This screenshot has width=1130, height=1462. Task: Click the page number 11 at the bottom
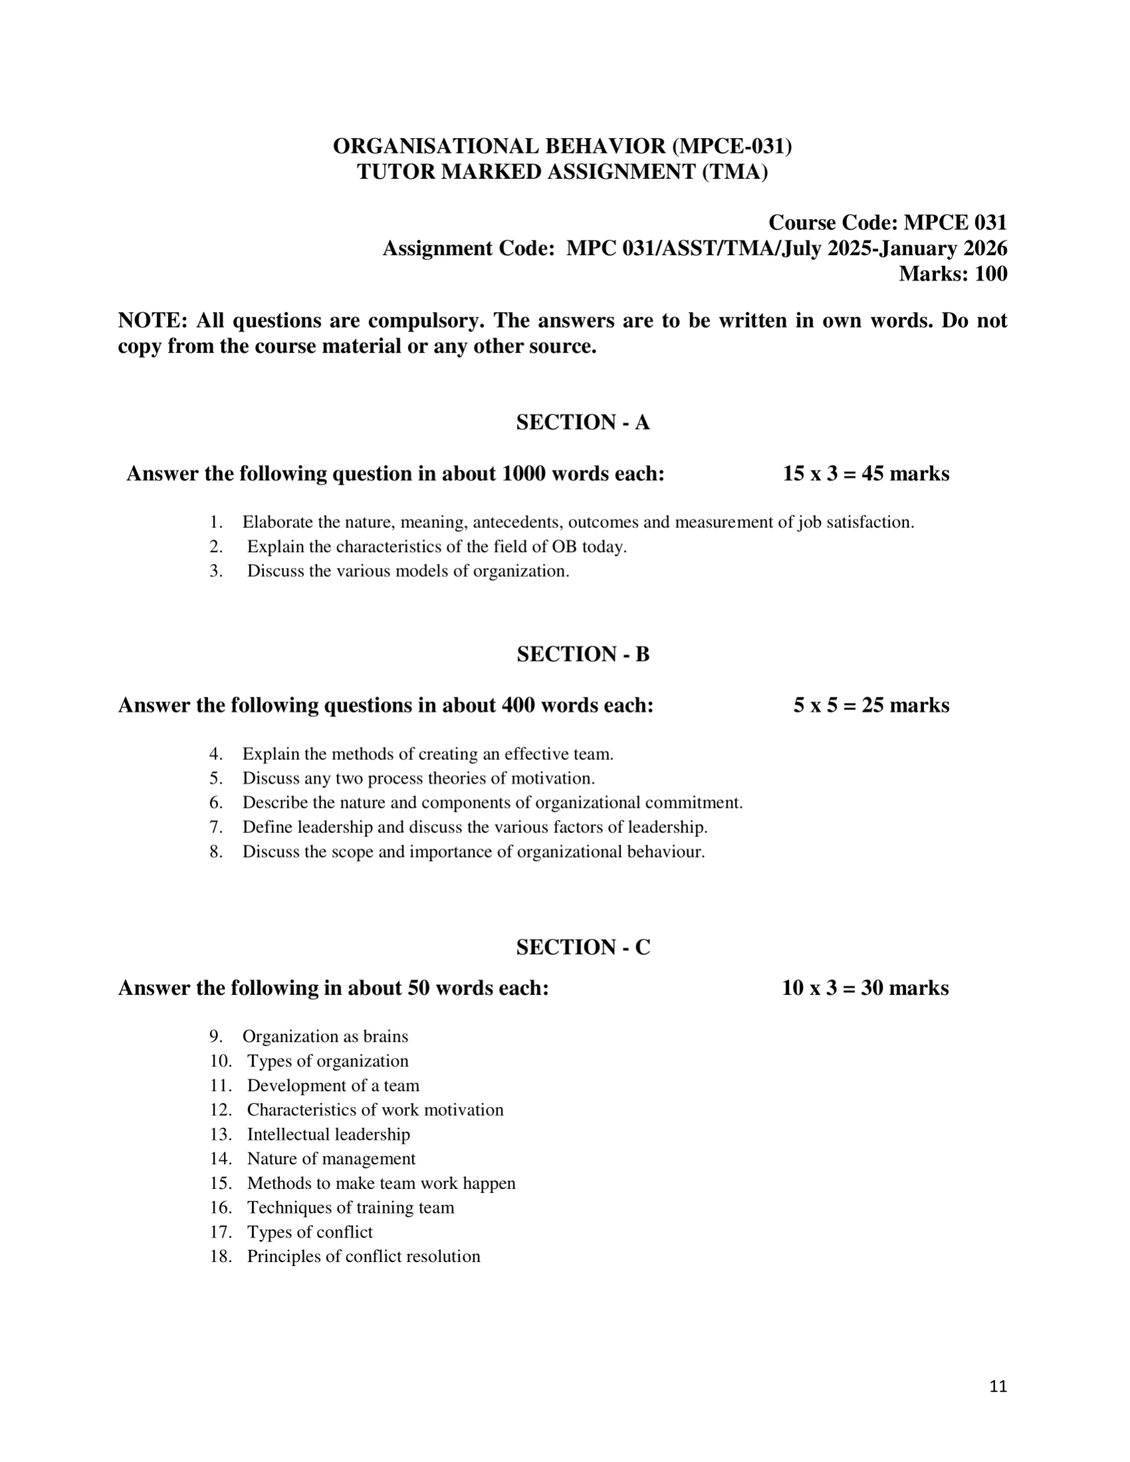tap(997, 1386)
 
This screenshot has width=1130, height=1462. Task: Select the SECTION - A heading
tap(583, 422)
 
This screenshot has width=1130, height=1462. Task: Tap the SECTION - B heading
tap(583, 654)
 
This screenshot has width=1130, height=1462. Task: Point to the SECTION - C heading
tap(583, 947)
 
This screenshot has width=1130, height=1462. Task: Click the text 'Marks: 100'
tap(953, 274)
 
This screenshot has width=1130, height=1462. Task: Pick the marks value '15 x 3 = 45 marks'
tap(866, 474)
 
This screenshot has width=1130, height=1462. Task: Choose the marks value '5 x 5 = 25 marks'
tap(871, 705)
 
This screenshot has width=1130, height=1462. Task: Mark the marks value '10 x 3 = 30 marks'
tap(865, 988)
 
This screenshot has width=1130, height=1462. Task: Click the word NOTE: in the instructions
tap(153, 321)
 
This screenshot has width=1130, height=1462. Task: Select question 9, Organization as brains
tap(325, 1036)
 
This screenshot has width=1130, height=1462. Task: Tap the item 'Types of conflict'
tap(310, 1232)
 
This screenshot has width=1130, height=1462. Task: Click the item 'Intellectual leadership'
tap(328, 1134)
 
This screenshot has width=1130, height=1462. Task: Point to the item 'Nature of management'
tap(331, 1158)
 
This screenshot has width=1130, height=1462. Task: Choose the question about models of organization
tap(408, 571)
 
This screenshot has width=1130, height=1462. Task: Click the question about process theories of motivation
tap(419, 778)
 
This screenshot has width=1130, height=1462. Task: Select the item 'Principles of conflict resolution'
tap(363, 1257)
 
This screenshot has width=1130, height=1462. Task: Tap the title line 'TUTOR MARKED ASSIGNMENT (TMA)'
tap(562, 172)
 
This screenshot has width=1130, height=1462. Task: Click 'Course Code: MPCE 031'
tap(887, 223)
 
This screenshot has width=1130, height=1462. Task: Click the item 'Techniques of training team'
tap(350, 1208)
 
